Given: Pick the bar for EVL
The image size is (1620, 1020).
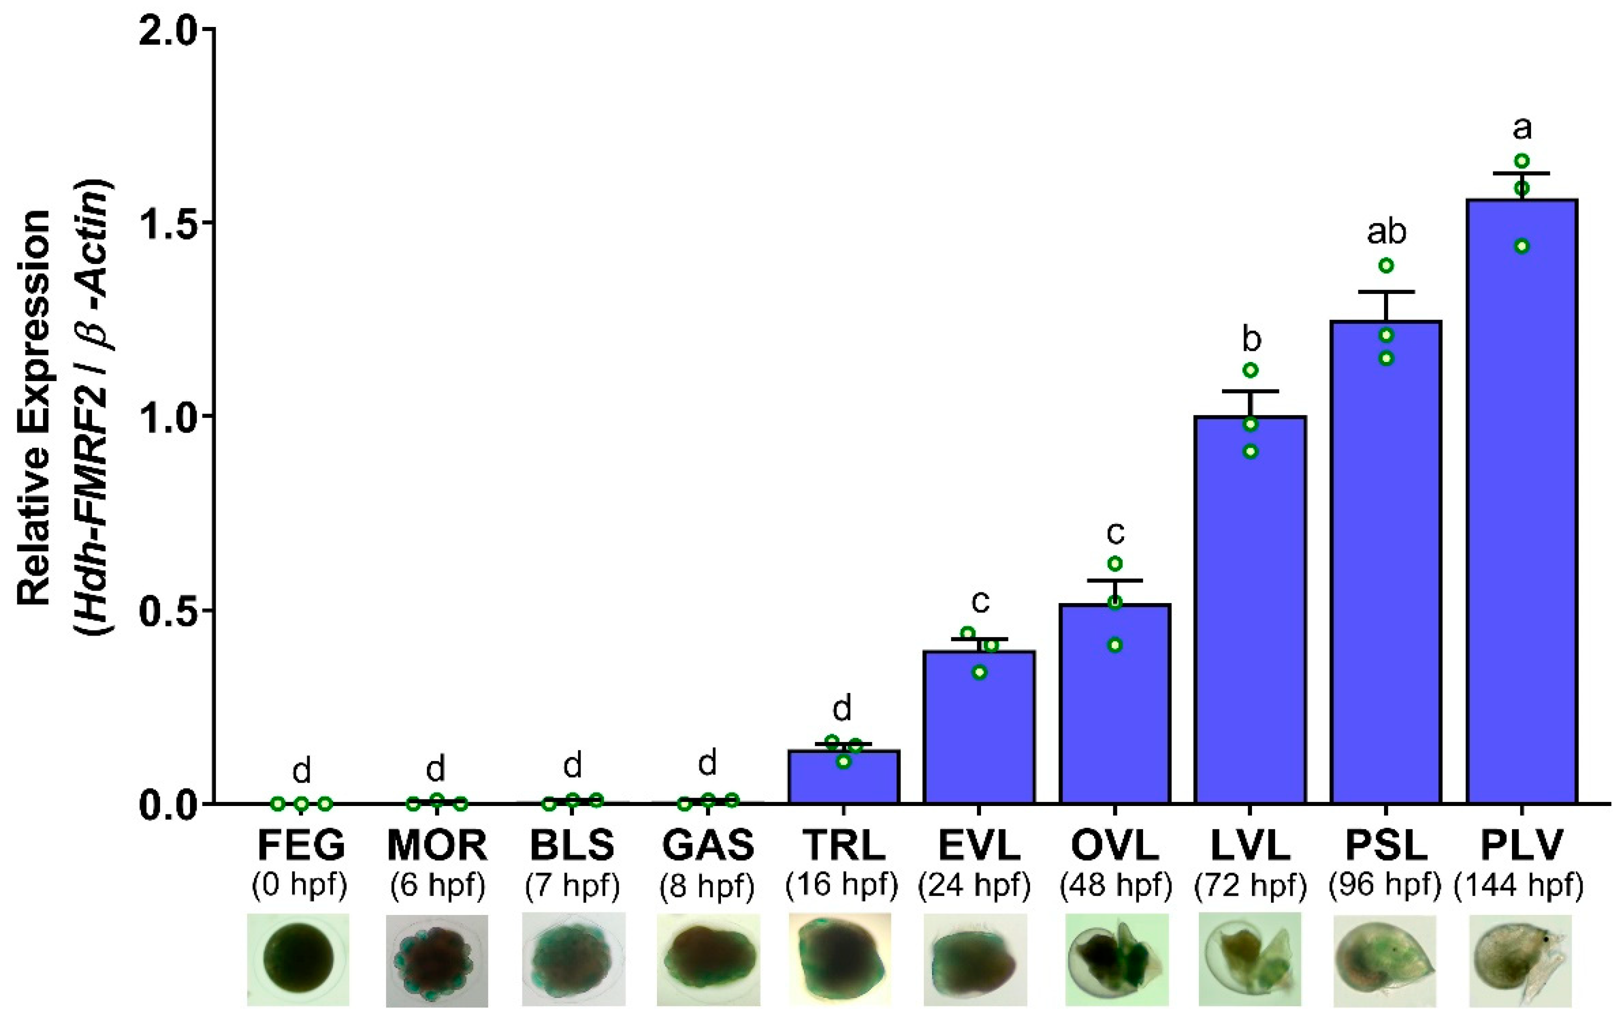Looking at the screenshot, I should coord(979,726).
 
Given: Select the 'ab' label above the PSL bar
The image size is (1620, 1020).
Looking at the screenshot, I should coord(1386,232).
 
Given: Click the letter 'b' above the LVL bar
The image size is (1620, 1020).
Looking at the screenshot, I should coord(1250,340).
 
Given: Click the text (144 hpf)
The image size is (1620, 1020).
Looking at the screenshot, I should coord(1519,885).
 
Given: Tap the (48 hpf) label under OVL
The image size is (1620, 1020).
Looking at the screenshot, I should coord(1115,885).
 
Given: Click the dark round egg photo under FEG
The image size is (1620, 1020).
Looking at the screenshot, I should coord(298,959).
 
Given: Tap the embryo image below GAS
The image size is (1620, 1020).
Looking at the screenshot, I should coord(707,959).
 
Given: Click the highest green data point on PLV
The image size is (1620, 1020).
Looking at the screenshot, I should coord(1522,161).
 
